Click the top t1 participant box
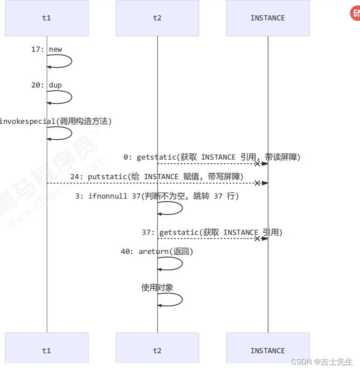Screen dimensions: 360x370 pos(47,18)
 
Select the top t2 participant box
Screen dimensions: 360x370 pos(157,18)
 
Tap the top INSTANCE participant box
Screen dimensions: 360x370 pos(268,18)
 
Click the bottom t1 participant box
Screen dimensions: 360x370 pos(47,350)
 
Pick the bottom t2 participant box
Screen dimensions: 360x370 pos(157,350)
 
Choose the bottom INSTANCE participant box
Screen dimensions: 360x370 pos(268,350)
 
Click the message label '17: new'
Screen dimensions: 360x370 pos(47,49)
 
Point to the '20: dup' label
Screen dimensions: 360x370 pos(47,85)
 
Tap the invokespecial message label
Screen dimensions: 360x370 pos(55,121)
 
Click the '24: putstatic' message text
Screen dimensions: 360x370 pos(157,176)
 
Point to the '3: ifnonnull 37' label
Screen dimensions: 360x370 pos(157,196)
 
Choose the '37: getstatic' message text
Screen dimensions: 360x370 pos(212,232)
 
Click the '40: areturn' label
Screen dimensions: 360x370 pos(157,251)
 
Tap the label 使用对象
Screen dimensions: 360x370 pos(157,287)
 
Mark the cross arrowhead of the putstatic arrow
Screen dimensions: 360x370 pos(257,183)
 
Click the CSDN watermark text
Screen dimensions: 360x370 pos(322,362)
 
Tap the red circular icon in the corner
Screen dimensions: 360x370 pos(355,13)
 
